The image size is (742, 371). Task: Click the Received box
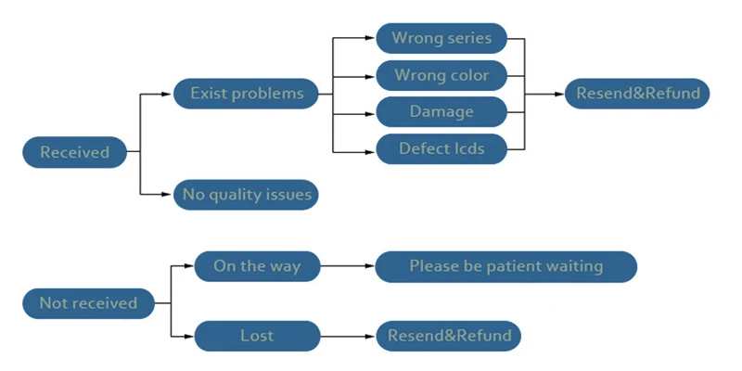tap(75, 152)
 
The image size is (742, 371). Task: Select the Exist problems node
tap(246, 94)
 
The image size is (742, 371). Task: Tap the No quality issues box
tap(246, 195)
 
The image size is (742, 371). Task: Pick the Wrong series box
tap(441, 38)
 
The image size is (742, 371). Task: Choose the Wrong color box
tap(441, 75)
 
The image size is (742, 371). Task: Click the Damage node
tap(441, 111)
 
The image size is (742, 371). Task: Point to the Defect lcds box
tap(441, 149)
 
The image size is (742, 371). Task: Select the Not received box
tap(88, 303)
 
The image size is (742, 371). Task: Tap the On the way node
tap(257, 266)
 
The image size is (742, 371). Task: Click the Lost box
tap(257, 336)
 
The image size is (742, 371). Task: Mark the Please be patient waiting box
tap(505, 266)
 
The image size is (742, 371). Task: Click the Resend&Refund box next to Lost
tap(449, 336)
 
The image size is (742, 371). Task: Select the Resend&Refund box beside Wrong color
tap(637, 94)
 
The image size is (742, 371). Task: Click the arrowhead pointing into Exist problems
tap(166, 95)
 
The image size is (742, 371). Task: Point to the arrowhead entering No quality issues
tap(166, 195)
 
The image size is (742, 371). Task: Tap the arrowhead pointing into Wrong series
tap(370, 38)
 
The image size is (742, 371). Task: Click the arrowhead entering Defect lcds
tap(370, 152)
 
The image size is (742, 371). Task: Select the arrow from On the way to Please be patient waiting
tap(347, 266)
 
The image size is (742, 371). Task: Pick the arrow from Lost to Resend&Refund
tap(348, 337)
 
